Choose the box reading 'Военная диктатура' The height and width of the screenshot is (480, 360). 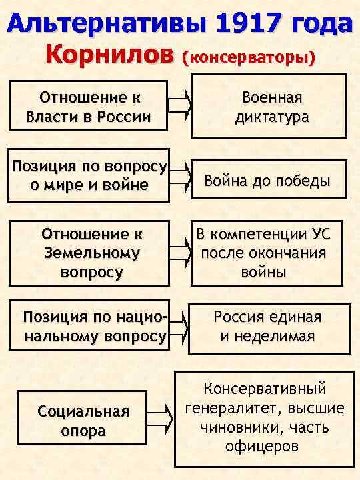point(271,107)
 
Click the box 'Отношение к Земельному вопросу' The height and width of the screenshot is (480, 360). point(91,253)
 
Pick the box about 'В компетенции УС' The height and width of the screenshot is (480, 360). point(271,253)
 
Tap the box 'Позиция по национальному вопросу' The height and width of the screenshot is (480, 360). point(93,326)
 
